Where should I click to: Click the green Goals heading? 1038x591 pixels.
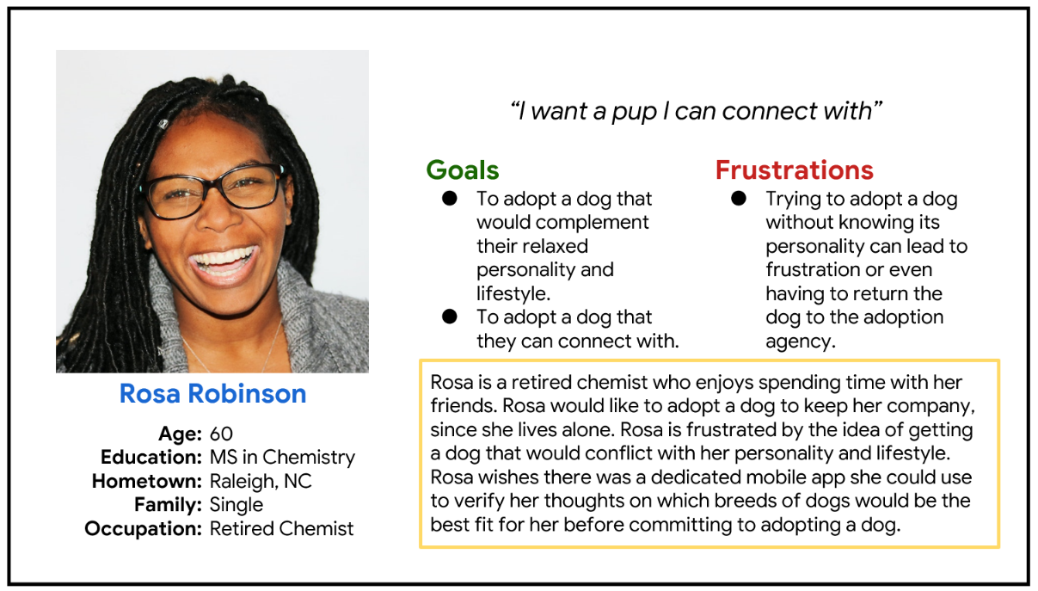pos(463,170)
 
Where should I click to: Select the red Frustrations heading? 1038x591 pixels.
pos(795,170)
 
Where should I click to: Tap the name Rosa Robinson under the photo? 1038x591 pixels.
pos(212,394)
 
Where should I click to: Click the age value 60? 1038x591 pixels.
pos(221,434)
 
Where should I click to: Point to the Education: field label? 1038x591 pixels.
pos(151,458)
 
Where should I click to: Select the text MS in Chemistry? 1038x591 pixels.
pos(282,458)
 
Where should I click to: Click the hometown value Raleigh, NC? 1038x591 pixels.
pos(261,482)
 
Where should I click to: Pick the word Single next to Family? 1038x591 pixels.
pos(236,505)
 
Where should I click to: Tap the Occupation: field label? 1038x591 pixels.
pos(144,529)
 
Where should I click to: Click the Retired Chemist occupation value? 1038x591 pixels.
pos(281,529)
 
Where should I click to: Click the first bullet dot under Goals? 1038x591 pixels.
pos(450,199)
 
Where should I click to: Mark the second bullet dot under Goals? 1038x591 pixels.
pos(450,317)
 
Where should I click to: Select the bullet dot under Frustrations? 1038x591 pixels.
pos(739,199)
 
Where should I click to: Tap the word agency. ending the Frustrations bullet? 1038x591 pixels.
pos(801,342)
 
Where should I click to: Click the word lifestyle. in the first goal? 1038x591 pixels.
pos(513,294)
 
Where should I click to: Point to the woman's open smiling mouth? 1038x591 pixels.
pos(224,263)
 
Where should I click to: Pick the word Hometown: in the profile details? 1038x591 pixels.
pos(147,481)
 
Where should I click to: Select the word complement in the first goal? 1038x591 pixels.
pos(562,223)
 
